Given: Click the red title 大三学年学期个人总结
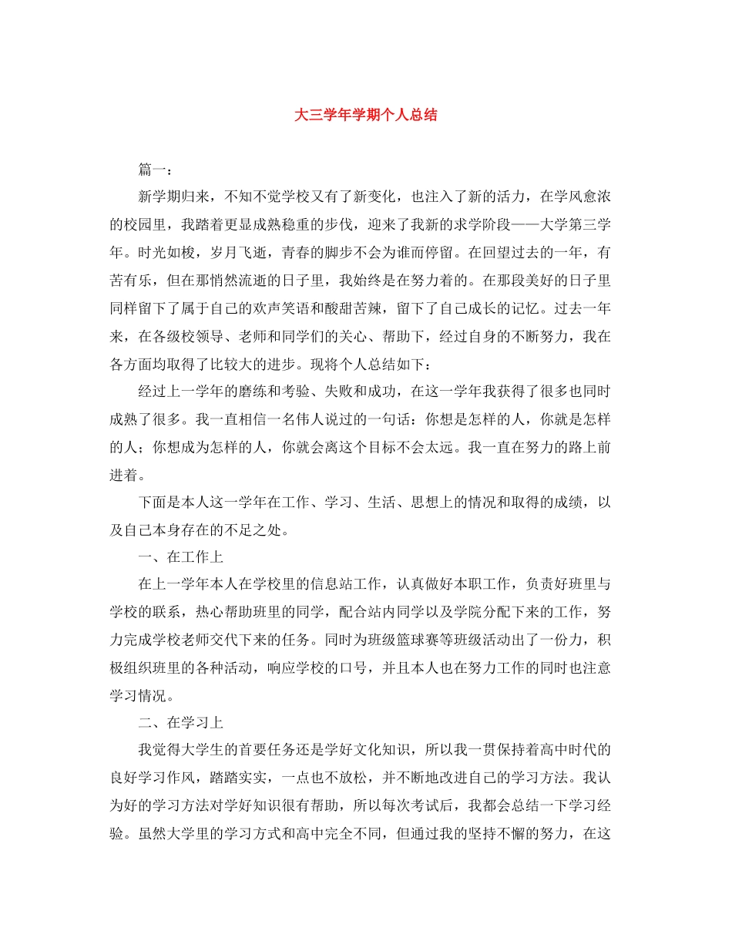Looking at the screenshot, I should pos(366,116).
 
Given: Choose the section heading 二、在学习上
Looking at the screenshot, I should pos(180,723).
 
